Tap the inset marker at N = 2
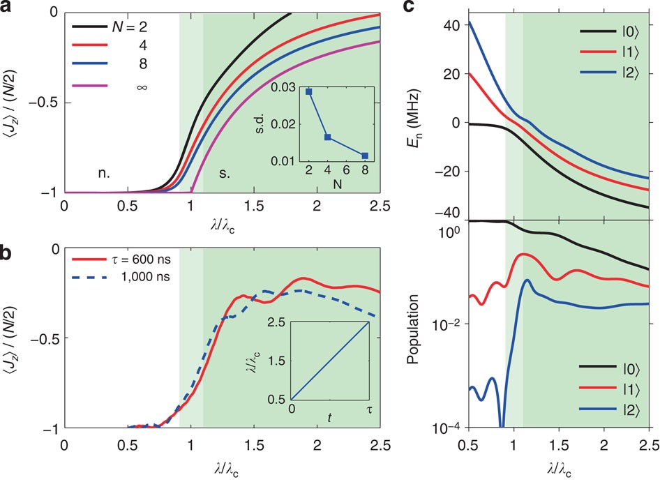click(308, 91)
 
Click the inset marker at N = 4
click(327, 137)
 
